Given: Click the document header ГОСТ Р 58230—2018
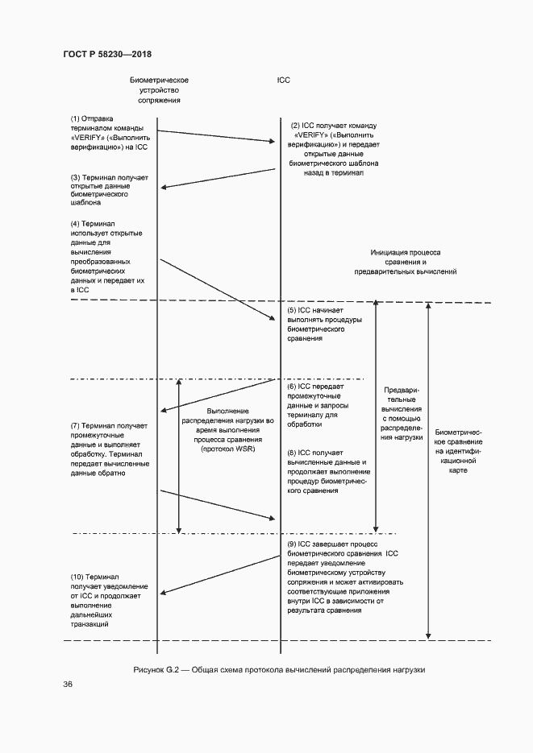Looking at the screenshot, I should (107, 54).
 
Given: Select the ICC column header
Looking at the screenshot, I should (282, 81).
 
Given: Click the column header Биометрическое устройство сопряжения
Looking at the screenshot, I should (159, 90).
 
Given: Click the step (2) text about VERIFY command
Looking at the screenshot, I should (334, 149).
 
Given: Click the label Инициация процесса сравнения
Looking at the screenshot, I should (406, 262).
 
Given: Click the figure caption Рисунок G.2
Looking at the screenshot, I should (279, 670).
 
